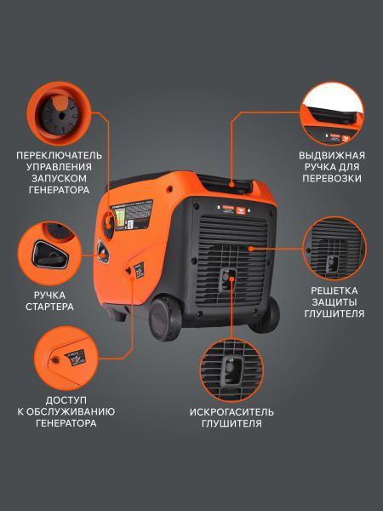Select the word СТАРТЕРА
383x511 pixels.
[x=49, y=307]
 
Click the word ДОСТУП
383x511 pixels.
[x=66, y=399]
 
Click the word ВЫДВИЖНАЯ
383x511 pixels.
[x=332, y=155]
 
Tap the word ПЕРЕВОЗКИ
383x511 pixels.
[x=332, y=179]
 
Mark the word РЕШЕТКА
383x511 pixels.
[x=333, y=290]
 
